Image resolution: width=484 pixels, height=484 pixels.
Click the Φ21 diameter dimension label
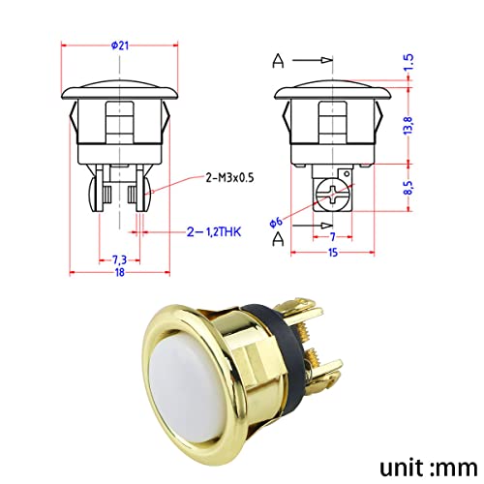click(121, 43)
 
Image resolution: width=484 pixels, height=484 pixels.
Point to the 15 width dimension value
click(331, 253)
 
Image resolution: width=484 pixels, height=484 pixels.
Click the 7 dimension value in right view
click(331, 236)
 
